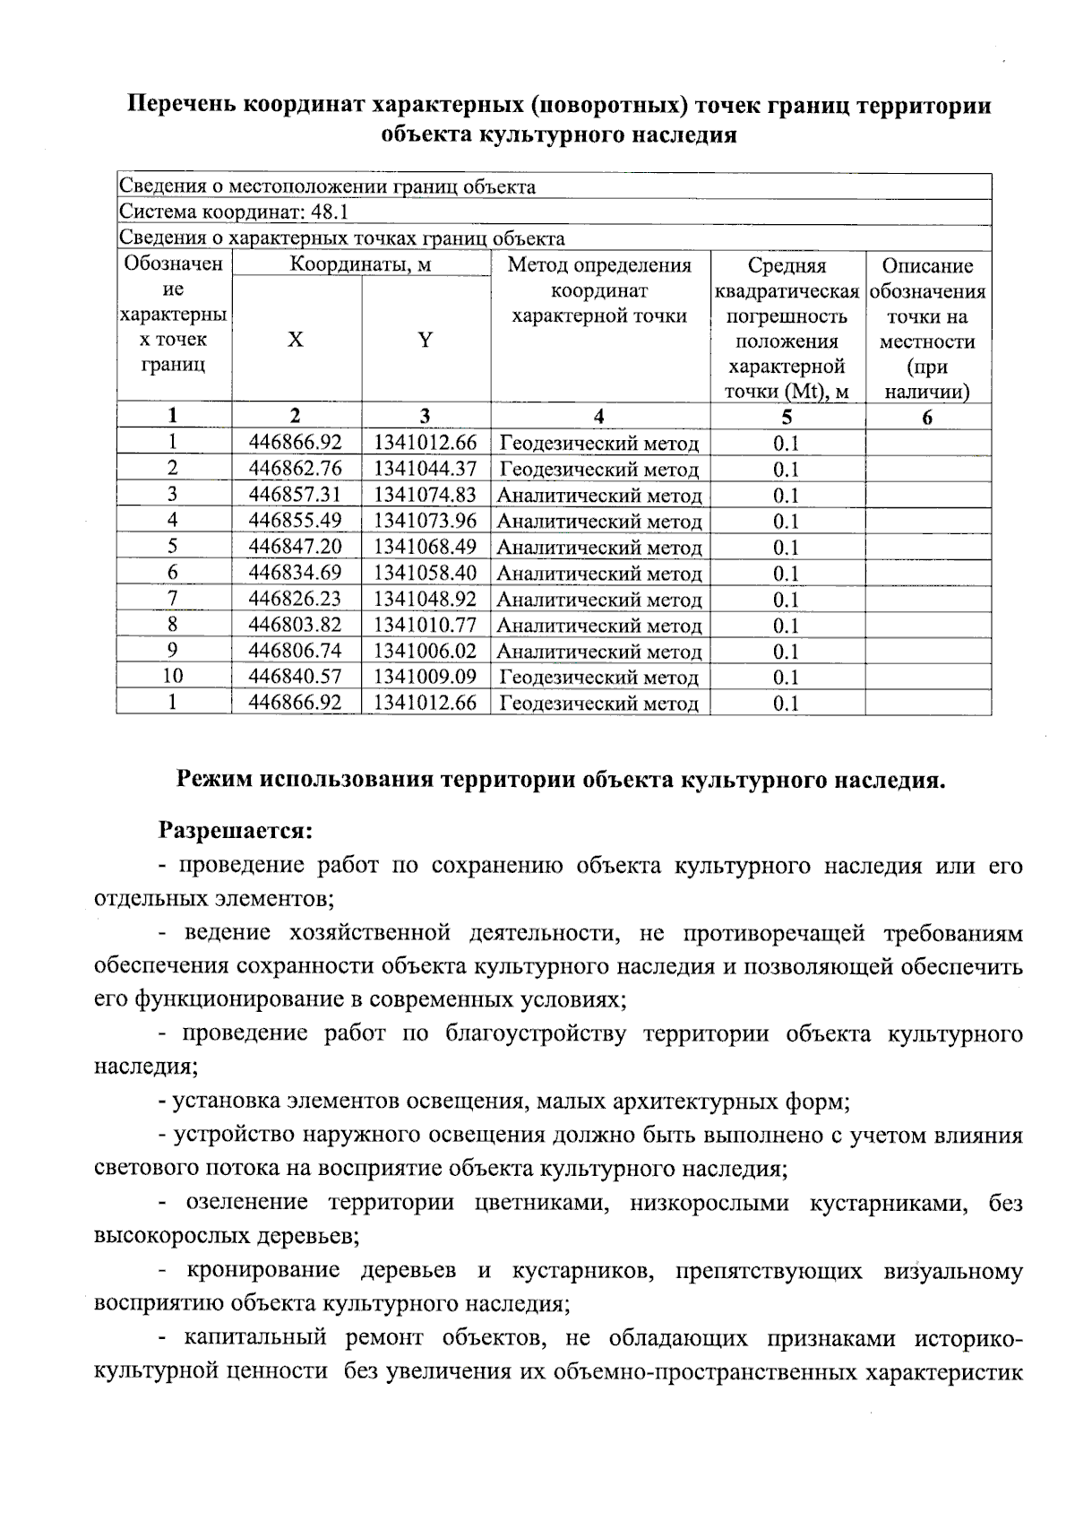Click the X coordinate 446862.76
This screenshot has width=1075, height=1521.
point(296,468)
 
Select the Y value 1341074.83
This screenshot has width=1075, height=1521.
point(425,494)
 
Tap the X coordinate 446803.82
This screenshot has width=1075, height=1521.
point(296,624)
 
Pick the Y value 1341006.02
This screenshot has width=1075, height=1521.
point(425,650)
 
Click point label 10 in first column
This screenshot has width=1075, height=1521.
point(173,676)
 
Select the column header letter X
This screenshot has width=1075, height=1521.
point(296,340)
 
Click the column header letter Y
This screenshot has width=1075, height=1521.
point(426,340)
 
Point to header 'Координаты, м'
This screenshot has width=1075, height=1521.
point(361,264)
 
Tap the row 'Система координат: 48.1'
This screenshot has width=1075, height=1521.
point(235,212)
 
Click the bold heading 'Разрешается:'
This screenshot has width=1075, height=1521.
point(236,830)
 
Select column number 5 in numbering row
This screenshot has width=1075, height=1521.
point(787,416)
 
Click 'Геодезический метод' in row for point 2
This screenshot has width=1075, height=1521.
point(598,469)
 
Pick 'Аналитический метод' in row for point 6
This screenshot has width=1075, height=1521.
point(598,573)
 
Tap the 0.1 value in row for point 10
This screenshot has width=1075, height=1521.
point(786,677)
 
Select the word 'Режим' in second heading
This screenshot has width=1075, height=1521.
point(214,779)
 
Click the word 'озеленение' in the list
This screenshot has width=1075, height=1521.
point(245,1202)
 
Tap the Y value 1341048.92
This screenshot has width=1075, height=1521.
point(425,598)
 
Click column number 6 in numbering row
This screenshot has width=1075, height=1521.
point(927,417)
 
